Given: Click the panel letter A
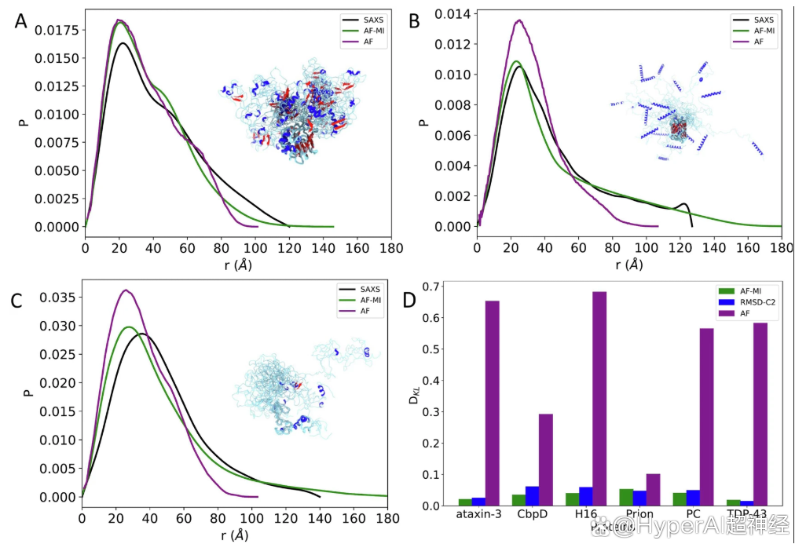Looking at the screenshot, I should point(22,21).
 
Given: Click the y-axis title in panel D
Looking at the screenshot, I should point(411,400).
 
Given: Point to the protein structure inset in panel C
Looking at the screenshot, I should point(302,385).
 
